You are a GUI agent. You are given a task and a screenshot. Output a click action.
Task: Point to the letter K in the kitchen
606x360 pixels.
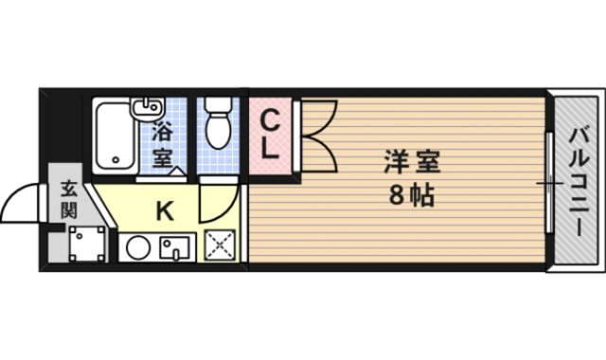[x=164, y=211]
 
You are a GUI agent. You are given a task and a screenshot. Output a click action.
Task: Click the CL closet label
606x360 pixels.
[x=269, y=135]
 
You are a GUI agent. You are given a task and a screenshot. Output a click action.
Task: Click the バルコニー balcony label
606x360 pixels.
[x=577, y=180]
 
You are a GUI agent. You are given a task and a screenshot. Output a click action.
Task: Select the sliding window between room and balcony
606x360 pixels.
[x=548, y=180]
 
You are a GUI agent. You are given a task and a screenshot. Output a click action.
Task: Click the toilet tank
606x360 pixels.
[x=218, y=103]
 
